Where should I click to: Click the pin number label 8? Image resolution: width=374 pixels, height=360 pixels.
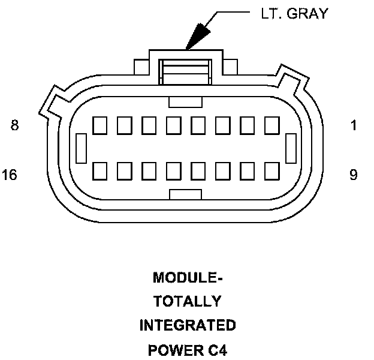(15, 125)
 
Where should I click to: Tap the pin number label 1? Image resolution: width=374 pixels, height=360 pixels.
(354, 125)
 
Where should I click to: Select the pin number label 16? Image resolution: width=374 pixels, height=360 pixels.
(10, 175)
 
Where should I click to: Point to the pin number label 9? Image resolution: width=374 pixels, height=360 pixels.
(354, 175)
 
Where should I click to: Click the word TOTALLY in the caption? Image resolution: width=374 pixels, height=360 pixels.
(187, 302)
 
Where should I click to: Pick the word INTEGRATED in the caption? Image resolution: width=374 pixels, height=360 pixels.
(187, 326)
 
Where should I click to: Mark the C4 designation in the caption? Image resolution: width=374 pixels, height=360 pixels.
(215, 350)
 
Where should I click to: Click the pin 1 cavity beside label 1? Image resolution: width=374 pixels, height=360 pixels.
(272, 125)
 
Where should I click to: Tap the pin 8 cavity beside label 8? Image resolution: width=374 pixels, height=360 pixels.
(100, 125)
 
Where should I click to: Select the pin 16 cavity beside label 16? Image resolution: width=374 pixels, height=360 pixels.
(100, 170)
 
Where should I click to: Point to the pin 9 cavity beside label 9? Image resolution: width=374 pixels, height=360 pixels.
(272, 170)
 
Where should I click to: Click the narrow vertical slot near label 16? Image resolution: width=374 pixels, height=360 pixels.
(82, 148)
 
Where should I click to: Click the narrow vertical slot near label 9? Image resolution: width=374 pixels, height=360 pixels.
(292, 148)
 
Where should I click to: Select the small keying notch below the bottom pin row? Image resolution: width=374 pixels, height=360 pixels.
(185, 194)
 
